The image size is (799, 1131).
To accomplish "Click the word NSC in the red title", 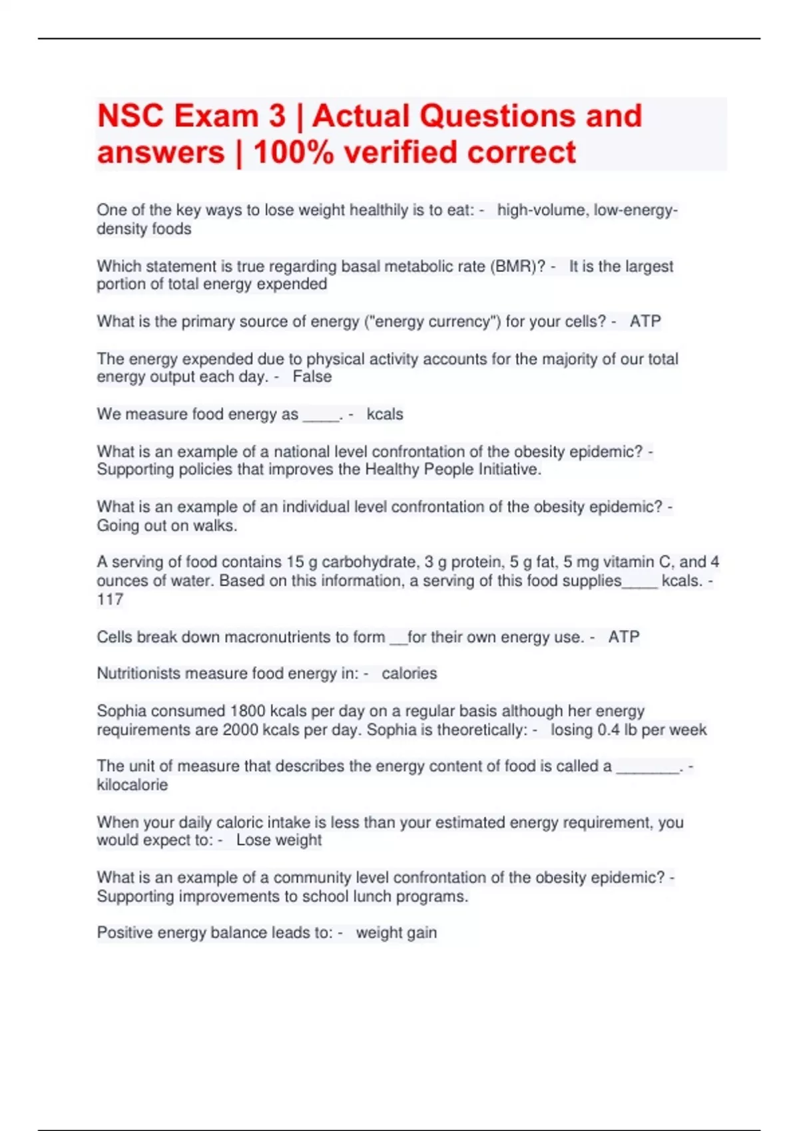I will [x=131, y=116].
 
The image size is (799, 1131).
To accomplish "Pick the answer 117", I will [x=110, y=600].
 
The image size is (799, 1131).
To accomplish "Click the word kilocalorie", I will [x=132, y=785].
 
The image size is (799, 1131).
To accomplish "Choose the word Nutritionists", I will [x=138, y=674].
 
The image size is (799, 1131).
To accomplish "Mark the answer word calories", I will [x=409, y=674].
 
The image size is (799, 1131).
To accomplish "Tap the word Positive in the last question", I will [x=125, y=933].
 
